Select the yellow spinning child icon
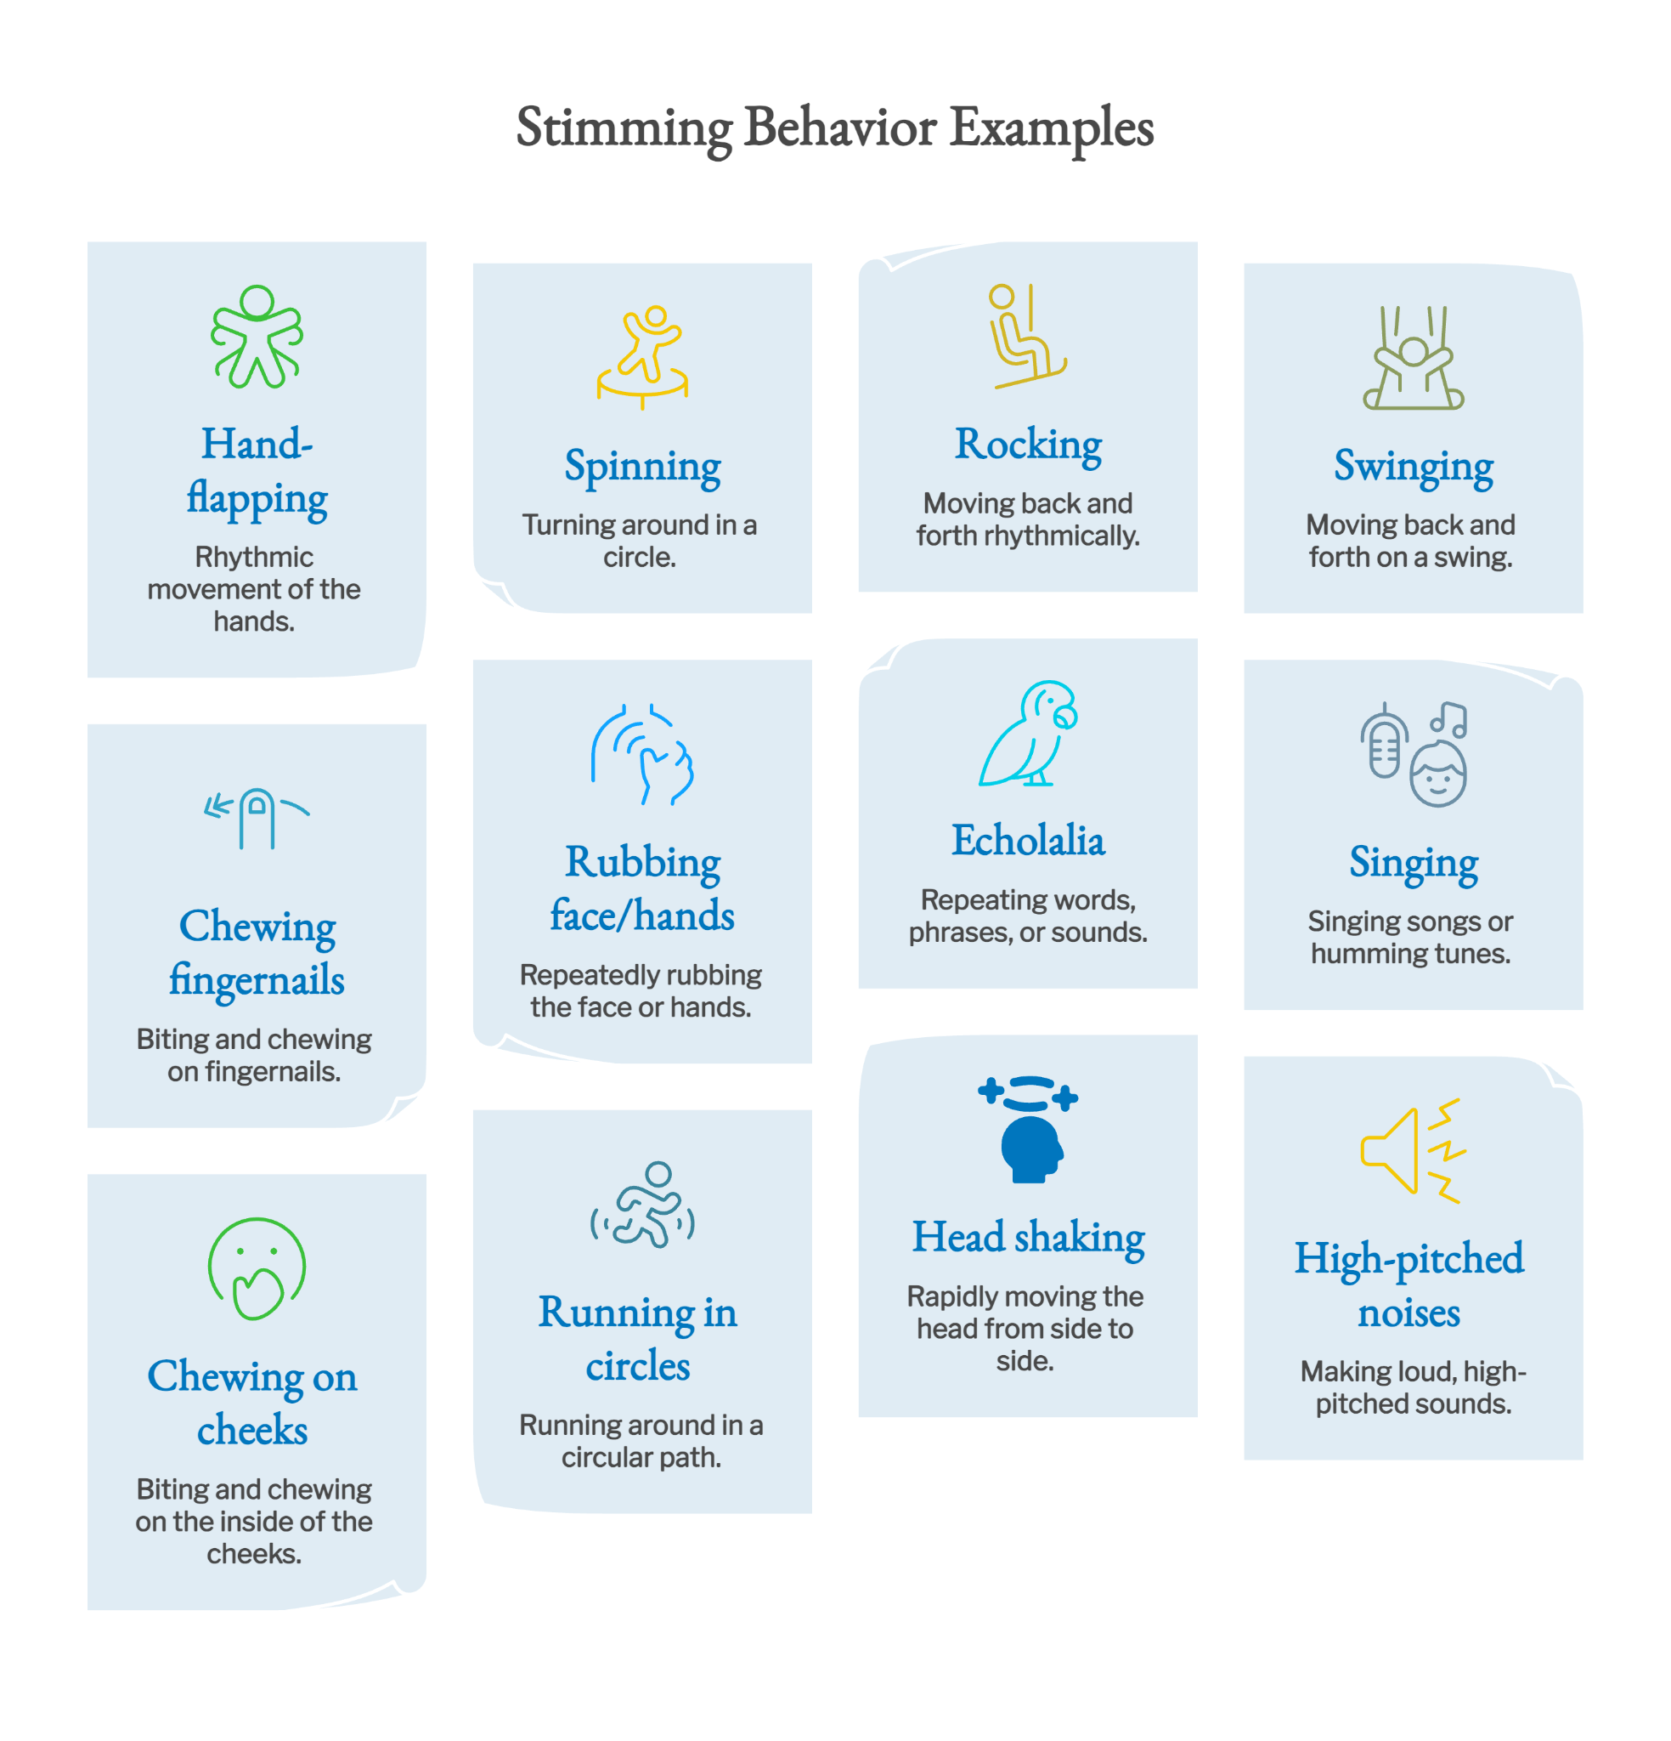[x=642, y=357]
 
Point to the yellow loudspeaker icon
[x=1413, y=1150]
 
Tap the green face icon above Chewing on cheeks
[x=257, y=1268]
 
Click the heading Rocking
[x=1028, y=445]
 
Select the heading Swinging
[x=1414, y=467]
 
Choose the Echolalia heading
[x=1028, y=840]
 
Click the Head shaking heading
[x=1028, y=1238]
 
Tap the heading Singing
[x=1414, y=863]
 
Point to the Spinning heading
[x=643, y=467]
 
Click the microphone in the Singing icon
[x=1383, y=740]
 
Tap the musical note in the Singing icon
[x=1448, y=719]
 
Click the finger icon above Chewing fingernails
[x=257, y=817]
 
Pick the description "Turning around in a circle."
[x=640, y=541]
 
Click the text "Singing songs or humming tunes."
[x=1410, y=937]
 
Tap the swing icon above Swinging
[x=1414, y=357]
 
